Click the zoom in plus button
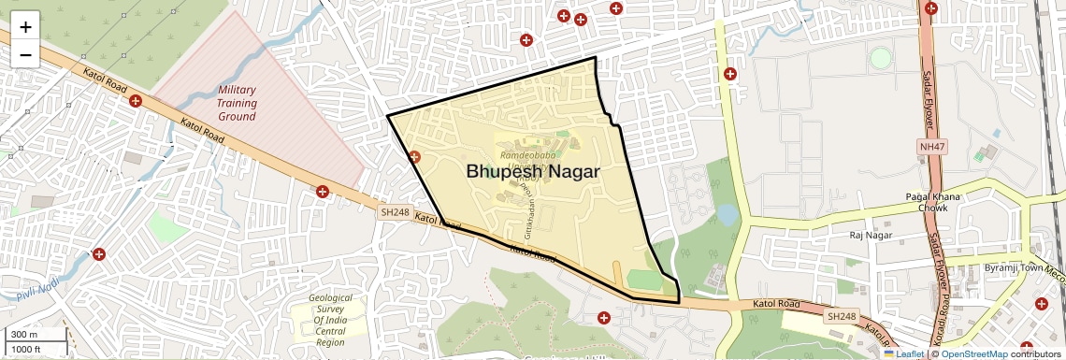[x=25, y=26]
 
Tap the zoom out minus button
[x=25, y=54]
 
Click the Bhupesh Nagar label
[x=532, y=172]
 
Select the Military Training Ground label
[x=238, y=103]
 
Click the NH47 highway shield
[x=931, y=147]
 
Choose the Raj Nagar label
[x=871, y=236]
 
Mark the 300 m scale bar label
[x=25, y=334]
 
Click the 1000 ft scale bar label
[x=27, y=349]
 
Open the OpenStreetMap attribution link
[x=973, y=353]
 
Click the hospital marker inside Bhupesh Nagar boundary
[x=414, y=158]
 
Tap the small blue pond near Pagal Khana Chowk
[x=727, y=216]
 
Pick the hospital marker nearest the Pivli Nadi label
[x=98, y=254]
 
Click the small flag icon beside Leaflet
[x=889, y=353]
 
